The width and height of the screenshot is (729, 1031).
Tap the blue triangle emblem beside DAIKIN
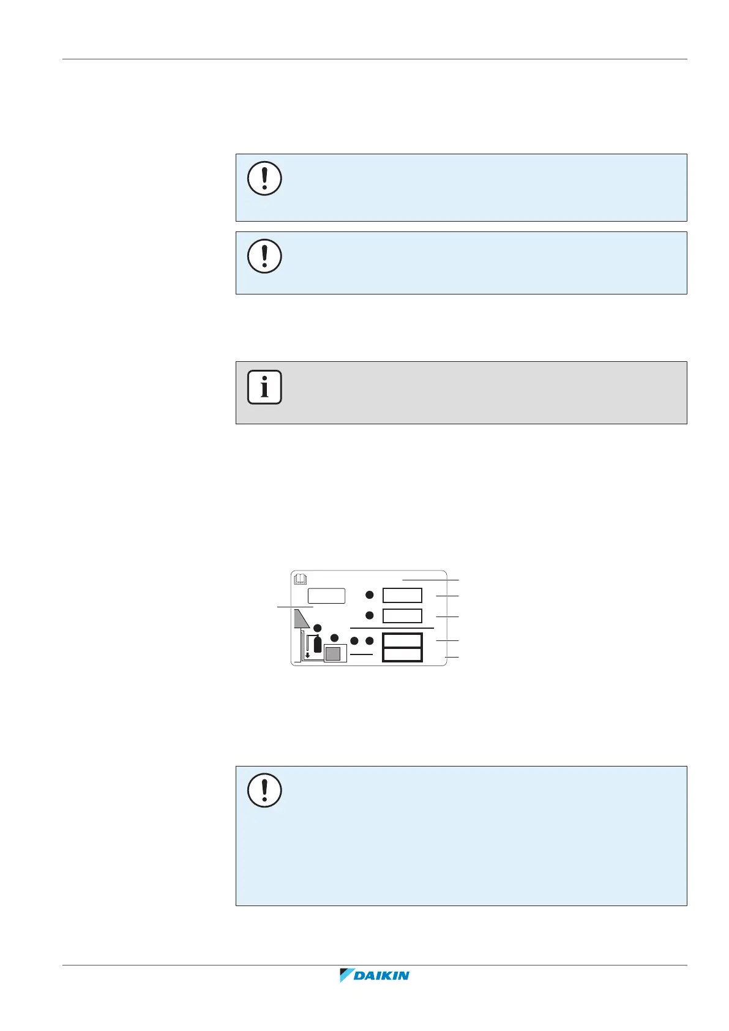pyautogui.click(x=347, y=975)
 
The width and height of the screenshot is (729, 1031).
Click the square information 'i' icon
pyautogui.click(x=264, y=387)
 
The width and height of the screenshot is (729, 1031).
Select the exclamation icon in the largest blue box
pyautogui.click(x=264, y=790)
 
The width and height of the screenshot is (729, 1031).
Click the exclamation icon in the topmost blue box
pyautogui.click(x=264, y=178)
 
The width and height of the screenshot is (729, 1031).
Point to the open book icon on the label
pyautogui.click(x=300, y=579)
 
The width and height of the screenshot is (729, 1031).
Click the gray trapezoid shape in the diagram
pyautogui.click(x=301, y=619)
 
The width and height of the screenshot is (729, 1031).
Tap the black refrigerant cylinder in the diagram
pyautogui.click(x=318, y=644)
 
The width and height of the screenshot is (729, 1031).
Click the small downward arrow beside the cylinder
pyautogui.click(x=308, y=654)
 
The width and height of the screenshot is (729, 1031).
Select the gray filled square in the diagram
pyautogui.click(x=332, y=654)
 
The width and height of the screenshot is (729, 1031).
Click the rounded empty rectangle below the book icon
pyautogui.click(x=326, y=596)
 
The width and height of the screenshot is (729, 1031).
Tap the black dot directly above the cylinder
pyautogui.click(x=318, y=628)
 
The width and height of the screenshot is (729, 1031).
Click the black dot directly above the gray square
pyautogui.click(x=334, y=638)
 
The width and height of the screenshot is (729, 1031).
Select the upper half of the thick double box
pyautogui.click(x=402, y=640)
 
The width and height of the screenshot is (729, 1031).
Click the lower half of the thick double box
pyautogui.click(x=402, y=654)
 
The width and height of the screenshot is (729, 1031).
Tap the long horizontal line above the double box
pyautogui.click(x=392, y=628)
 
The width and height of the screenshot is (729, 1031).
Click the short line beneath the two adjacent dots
pyautogui.click(x=361, y=654)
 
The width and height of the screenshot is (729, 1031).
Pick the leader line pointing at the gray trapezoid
pyautogui.click(x=295, y=607)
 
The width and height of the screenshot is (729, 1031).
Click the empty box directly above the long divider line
pyautogui.click(x=402, y=615)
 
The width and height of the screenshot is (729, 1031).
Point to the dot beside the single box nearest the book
pyautogui.click(x=370, y=595)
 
